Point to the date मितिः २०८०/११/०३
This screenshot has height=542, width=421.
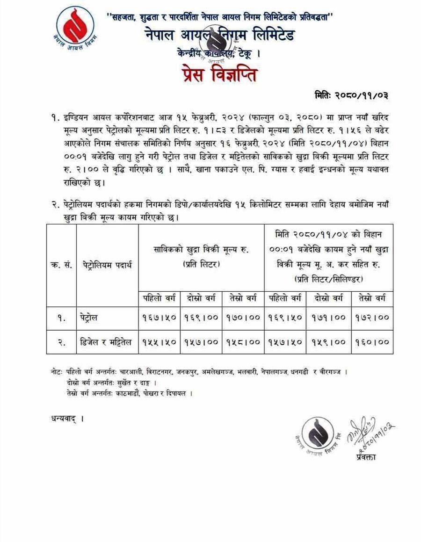coord(350,95)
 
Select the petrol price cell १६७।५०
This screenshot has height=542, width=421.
coord(159,317)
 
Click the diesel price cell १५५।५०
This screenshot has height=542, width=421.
coord(159,342)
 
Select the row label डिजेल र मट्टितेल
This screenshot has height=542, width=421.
coord(107,342)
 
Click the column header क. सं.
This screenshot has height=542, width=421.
coord(61,265)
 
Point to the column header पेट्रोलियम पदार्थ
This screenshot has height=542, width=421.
coord(107,265)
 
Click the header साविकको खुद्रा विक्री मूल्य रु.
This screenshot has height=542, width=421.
coord(201,251)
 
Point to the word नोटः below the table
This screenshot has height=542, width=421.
coord(58,372)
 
